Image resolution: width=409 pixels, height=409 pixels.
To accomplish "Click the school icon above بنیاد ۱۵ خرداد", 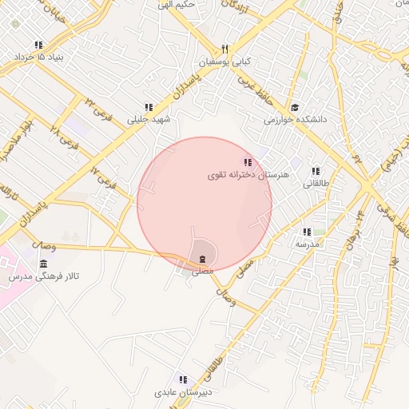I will (x=38, y=46).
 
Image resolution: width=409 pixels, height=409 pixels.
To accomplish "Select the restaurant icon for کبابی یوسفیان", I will (x=224, y=50).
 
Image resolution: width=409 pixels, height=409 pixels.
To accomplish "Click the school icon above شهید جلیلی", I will (x=148, y=107).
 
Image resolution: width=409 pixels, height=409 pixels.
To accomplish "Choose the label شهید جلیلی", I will (x=150, y=119).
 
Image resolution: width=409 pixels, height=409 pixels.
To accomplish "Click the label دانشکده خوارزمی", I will (x=296, y=120).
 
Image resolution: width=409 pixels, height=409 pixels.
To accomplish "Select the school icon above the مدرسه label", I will (x=306, y=232).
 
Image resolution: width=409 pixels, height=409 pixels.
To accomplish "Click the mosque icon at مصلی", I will (x=202, y=259).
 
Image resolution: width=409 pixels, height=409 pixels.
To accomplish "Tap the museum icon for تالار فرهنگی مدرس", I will (x=42, y=264).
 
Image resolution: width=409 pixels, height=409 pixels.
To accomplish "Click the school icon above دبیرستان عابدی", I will (x=183, y=380).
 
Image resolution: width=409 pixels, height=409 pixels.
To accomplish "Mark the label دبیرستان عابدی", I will (x=183, y=393).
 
